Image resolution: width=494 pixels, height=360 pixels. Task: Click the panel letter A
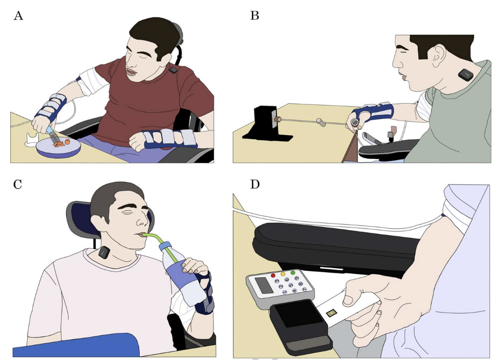[x=18, y=15]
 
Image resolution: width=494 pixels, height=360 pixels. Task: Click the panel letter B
[x=255, y=15]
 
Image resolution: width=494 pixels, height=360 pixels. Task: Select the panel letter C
[x=18, y=184]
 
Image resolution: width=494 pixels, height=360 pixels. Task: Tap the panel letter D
[x=255, y=184]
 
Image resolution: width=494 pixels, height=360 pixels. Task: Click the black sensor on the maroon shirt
[x=173, y=70]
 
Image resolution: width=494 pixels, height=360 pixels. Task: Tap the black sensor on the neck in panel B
[x=465, y=75]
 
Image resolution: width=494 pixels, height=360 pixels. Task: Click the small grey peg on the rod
[x=321, y=122]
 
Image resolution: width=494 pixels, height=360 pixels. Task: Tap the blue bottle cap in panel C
[x=165, y=246]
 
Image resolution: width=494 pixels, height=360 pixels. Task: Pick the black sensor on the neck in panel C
[x=104, y=252]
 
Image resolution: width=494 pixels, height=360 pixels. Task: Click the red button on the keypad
[x=273, y=275]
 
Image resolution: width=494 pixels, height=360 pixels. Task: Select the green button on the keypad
[x=293, y=273]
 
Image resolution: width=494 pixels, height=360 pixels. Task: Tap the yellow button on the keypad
[x=283, y=274]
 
